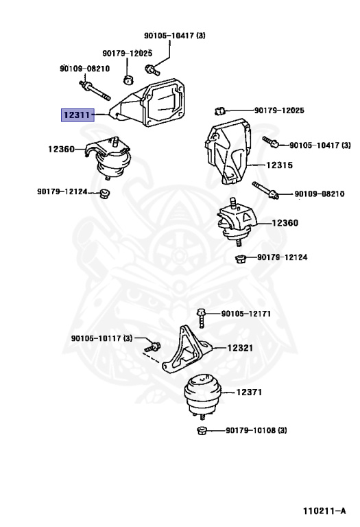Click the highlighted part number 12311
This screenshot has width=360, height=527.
point(77,115)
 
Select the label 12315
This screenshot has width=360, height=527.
point(279,165)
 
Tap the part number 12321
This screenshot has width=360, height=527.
point(240,348)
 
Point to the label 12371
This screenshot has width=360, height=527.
point(249,392)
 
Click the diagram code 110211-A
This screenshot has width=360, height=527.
point(324,511)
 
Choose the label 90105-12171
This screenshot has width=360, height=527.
point(245,314)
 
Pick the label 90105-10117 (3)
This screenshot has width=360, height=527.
point(101,338)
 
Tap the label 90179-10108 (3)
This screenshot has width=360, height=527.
point(256,430)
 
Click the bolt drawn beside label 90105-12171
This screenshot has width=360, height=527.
point(201,317)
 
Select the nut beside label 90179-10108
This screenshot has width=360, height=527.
point(202,430)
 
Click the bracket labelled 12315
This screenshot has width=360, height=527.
point(228,150)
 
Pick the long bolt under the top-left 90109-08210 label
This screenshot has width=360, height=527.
point(95,91)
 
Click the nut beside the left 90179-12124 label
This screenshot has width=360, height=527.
point(105,194)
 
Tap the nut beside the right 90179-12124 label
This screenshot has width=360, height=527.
point(241,259)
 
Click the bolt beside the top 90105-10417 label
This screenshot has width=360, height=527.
point(152,70)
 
